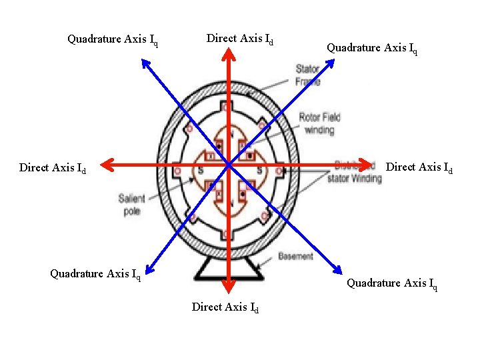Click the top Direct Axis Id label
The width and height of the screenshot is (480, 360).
pos(240,39)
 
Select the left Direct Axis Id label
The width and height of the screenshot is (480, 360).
pos(53,168)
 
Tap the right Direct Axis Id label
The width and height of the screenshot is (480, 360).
pos(419,168)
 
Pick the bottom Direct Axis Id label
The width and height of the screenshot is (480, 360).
pos(225,308)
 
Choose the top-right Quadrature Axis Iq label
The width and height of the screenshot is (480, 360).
pos(372,48)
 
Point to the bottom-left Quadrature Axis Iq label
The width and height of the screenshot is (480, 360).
pos(95,274)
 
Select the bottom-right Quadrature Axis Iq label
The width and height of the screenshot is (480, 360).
pos(392,284)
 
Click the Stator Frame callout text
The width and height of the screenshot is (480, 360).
pos(307,75)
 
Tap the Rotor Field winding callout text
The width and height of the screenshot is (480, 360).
pos(319,124)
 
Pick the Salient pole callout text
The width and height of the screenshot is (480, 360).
pos(132,204)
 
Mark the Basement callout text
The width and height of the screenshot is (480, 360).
pos(295,256)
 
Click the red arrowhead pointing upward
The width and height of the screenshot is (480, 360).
pos(228,59)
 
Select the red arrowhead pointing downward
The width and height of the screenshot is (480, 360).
pos(228,286)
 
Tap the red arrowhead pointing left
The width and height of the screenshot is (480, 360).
pos(109,164)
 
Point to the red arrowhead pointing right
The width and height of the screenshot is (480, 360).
pos(365,164)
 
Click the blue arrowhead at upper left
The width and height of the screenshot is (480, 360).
pos(145,64)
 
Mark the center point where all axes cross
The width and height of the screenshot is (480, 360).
pos(228,164)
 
